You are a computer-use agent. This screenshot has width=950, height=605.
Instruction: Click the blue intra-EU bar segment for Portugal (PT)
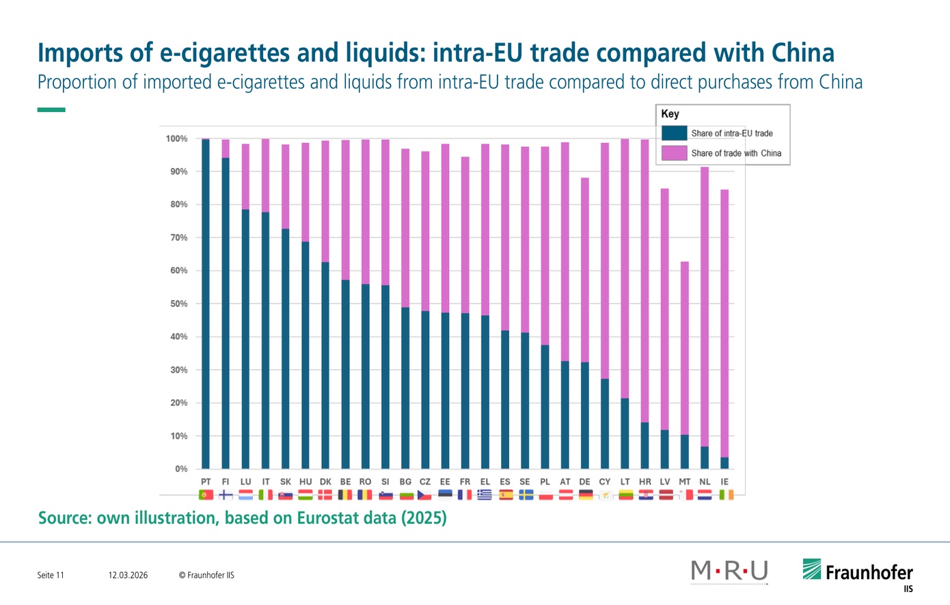click(206, 304)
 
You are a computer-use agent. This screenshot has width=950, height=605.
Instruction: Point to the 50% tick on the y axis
click(178, 304)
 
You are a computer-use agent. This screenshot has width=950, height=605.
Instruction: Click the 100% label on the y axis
click(176, 139)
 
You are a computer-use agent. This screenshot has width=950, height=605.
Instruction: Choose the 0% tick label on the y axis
click(180, 469)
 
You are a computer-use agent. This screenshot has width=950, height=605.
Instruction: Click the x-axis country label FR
click(465, 482)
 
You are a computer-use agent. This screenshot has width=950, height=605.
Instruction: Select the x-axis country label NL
click(705, 482)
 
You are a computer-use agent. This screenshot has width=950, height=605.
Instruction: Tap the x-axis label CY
click(605, 482)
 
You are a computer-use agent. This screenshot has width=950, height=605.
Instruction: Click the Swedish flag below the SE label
click(526, 495)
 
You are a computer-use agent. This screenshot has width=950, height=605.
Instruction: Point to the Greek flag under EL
click(485, 495)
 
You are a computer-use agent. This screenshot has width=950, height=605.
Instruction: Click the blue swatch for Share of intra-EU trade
click(674, 133)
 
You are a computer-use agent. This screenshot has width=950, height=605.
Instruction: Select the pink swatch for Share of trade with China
click(674, 153)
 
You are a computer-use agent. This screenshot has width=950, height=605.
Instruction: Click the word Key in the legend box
click(670, 114)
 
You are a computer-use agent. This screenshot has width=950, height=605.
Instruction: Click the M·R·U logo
click(729, 571)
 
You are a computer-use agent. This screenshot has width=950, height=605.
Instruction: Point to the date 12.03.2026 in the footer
click(128, 575)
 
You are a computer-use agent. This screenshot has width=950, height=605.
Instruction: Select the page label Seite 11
click(51, 575)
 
